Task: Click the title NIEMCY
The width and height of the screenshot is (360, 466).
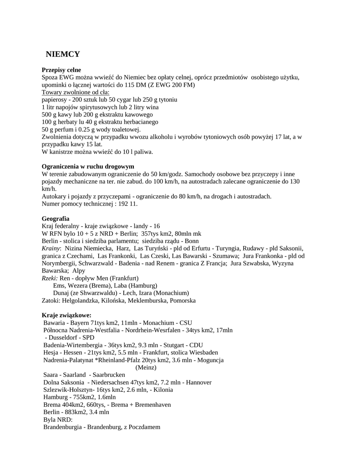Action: [63, 55]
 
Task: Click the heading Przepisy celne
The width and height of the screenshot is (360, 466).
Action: [61, 70]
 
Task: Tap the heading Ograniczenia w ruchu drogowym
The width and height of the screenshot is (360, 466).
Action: [87, 166]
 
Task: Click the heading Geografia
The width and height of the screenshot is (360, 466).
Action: [56, 218]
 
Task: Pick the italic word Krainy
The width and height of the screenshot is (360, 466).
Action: [51, 248]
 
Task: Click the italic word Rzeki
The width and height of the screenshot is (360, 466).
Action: [50, 278]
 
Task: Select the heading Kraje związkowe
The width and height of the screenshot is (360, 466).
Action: [66, 315]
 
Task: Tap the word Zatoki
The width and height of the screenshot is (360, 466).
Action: [51, 300]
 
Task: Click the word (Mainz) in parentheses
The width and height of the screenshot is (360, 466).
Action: [146, 367]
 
